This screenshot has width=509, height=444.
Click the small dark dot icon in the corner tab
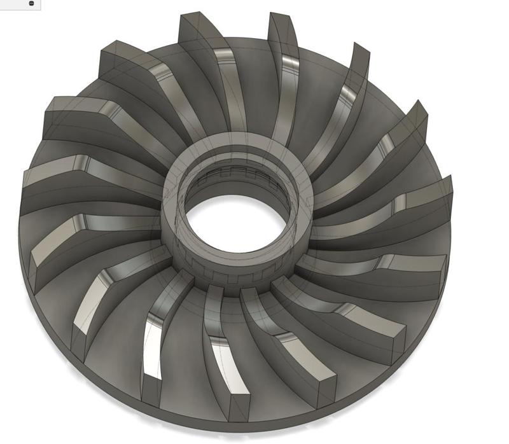click(x=31, y=3)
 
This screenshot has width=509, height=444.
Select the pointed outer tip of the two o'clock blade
click(x=417, y=114)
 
